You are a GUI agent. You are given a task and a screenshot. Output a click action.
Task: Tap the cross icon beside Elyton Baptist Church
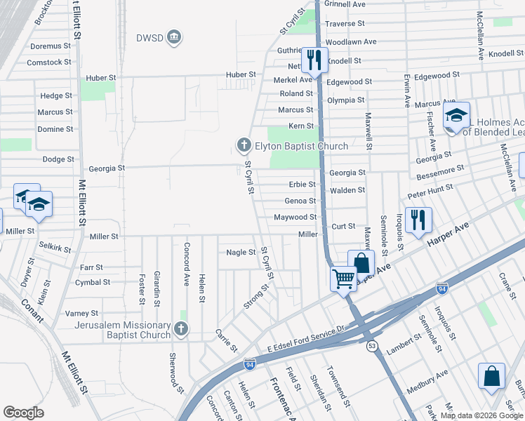point(244,146)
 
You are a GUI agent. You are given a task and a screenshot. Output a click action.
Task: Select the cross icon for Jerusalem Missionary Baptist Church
point(180,328)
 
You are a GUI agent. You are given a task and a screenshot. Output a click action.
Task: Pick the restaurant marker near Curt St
point(418,220)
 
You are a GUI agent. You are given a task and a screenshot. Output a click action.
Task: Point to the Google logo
point(24,413)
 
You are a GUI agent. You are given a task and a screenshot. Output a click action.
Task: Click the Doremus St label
point(51,46)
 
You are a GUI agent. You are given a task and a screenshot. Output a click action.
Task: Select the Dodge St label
point(58,159)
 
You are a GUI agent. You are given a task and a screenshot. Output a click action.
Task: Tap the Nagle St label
point(241,252)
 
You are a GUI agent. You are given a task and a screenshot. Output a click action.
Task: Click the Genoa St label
point(300,201)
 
